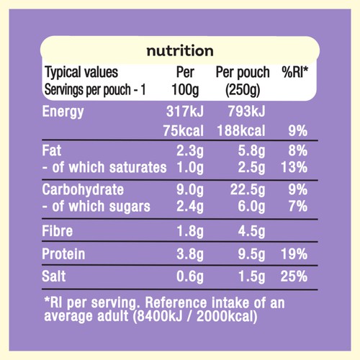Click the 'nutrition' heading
click(180, 51)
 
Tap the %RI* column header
click(295, 72)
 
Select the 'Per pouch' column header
click(243, 72)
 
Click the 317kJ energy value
click(185, 112)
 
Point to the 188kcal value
click(241, 131)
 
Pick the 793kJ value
click(247, 112)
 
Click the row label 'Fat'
click(52, 150)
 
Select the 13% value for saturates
click(294, 167)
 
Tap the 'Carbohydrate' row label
click(83, 189)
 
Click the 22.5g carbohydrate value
click(248, 190)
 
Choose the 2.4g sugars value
click(190, 207)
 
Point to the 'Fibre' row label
click(58, 231)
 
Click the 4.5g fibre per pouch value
click(252, 232)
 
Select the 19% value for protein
click(294, 254)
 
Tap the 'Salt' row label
click(54, 276)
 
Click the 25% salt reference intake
click(294, 276)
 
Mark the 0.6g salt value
click(190, 276)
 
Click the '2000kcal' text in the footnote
click(227, 316)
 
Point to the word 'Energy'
click(63, 112)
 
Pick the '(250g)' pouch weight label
click(243, 90)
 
